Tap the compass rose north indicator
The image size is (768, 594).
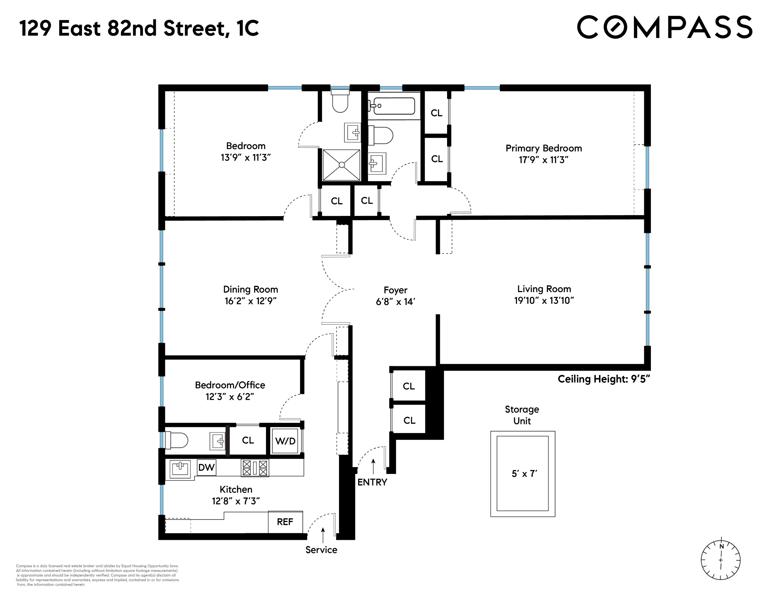(x=721, y=546)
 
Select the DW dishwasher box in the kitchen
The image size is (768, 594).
(x=206, y=467)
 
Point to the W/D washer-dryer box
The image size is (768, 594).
(x=285, y=441)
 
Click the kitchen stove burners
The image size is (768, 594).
(x=255, y=468)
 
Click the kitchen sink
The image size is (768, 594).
(x=180, y=469)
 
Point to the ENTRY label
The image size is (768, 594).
(x=372, y=482)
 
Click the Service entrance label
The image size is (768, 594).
(x=321, y=550)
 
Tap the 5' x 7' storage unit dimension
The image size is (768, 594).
(x=524, y=474)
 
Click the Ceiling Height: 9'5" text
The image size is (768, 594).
(x=603, y=379)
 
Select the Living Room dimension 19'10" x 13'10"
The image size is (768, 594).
(x=544, y=300)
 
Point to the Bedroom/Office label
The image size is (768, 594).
(x=230, y=385)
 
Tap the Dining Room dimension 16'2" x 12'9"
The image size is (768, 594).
(x=250, y=301)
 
